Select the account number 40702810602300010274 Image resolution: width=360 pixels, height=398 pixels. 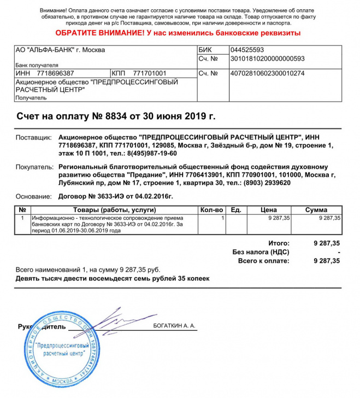coord(259,73)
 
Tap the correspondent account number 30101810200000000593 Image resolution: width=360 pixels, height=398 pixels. coord(259,58)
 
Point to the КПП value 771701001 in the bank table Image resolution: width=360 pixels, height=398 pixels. coord(150,73)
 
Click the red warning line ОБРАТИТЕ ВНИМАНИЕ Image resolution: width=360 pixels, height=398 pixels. coord(180,33)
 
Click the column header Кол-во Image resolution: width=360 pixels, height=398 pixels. coord(212,210)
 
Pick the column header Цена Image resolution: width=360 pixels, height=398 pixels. coord(269,210)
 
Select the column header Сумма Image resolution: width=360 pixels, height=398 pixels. coord(316,210)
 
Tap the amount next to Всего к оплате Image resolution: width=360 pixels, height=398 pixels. coord(327,261)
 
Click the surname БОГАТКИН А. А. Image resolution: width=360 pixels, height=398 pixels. coord(176,326)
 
